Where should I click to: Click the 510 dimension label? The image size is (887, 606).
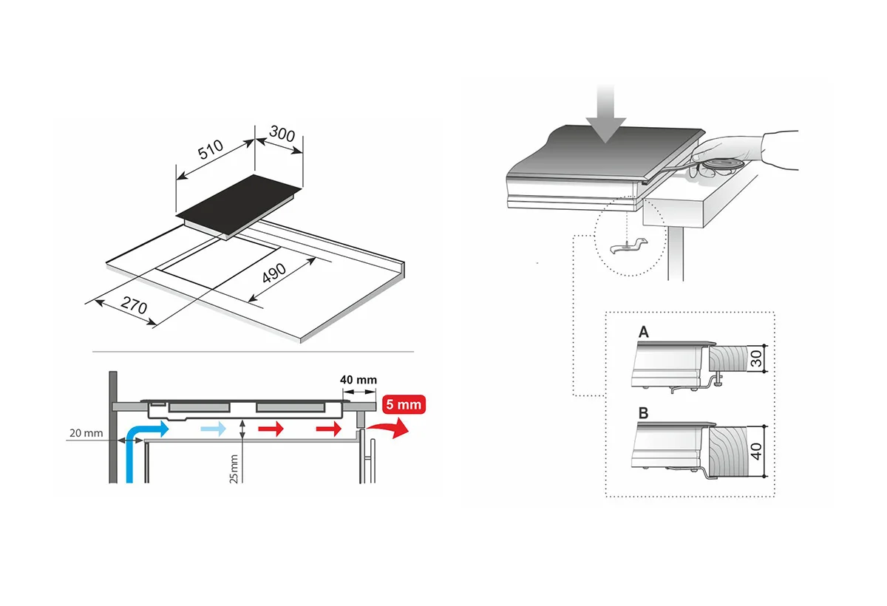(211, 149)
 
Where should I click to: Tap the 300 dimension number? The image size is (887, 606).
(282, 133)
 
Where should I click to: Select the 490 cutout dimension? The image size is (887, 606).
(274, 273)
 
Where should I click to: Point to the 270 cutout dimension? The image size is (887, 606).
(135, 305)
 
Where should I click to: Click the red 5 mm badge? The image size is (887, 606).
(404, 404)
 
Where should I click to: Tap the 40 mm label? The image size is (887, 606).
(358, 380)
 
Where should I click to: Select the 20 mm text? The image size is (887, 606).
(86, 433)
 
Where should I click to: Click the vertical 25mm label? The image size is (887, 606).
(234, 469)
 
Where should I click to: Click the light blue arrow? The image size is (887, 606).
(214, 429)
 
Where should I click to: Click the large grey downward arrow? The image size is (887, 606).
(605, 113)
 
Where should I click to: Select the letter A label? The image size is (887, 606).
(644, 332)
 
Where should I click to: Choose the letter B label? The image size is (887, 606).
(644, 413)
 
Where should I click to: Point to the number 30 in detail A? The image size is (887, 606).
(755, 358)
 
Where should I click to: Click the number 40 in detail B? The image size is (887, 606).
(756, 452)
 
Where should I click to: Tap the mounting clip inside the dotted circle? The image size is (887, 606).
(629, 247)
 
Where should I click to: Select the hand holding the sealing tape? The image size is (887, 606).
(744, 152)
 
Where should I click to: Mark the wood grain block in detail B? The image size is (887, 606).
(727, 452)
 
